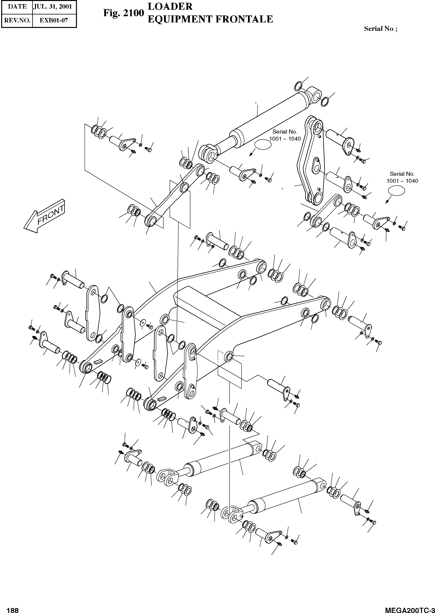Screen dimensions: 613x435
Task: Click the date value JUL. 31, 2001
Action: (53, 7)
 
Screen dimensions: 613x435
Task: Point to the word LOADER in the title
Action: (170, 7)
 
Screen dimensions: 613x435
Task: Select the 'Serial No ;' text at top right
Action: (380, 29)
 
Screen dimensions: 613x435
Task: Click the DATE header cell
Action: (17, 7)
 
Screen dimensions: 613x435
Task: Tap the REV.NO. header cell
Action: (17, 20)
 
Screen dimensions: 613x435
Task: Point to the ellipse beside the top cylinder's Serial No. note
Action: (262, 145)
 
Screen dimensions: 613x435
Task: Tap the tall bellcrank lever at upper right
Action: (311, 161)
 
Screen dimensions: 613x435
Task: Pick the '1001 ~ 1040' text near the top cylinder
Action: (285, 139)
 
